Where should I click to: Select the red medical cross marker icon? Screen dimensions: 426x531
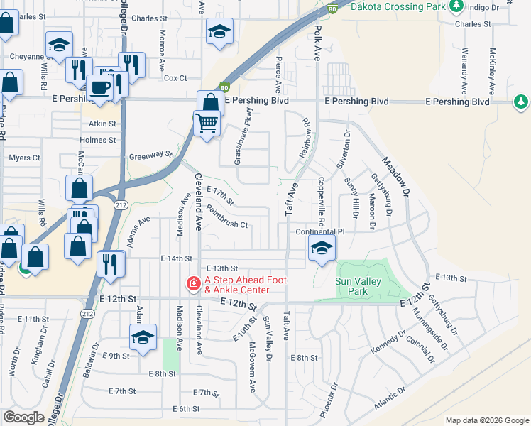192,285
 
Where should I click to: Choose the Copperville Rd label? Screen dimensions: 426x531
322,202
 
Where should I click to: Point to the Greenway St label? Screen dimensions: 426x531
150,155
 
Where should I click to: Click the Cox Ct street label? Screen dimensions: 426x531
175,78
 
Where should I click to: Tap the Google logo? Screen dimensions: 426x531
24,417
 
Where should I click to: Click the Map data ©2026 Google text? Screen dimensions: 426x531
487,420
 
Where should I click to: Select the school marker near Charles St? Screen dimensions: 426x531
219,31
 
